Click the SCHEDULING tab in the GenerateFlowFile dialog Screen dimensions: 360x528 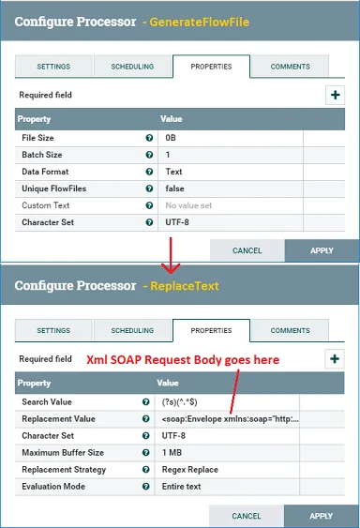click(132, 67)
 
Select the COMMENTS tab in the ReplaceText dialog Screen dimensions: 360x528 click(290, 330)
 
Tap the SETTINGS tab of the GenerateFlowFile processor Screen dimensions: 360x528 click(53, 67)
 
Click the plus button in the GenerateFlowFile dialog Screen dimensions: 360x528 click(335, 95)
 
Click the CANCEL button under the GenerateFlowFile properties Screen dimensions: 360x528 click(247, 250)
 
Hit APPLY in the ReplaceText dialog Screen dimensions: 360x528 click(322, 516)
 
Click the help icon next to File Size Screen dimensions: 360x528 click(149, 138)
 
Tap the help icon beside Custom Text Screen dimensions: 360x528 click(149, 205)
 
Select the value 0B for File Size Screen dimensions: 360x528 click(171, 138)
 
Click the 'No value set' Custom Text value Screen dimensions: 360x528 click(188, 205)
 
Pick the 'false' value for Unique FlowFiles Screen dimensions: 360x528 click(174, 189)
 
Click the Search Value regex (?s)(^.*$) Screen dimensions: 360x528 click(179, 401)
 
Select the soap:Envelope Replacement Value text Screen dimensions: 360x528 click(231, 419)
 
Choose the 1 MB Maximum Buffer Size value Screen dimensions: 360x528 click(172, 453)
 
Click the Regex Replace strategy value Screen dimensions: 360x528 click(190, 470)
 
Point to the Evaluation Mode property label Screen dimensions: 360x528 click(53, 486)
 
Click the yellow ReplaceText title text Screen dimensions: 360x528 click(185, 286)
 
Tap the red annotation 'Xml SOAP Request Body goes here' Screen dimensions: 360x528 click(183, 359)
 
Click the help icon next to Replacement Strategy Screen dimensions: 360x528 click(146, 470)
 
